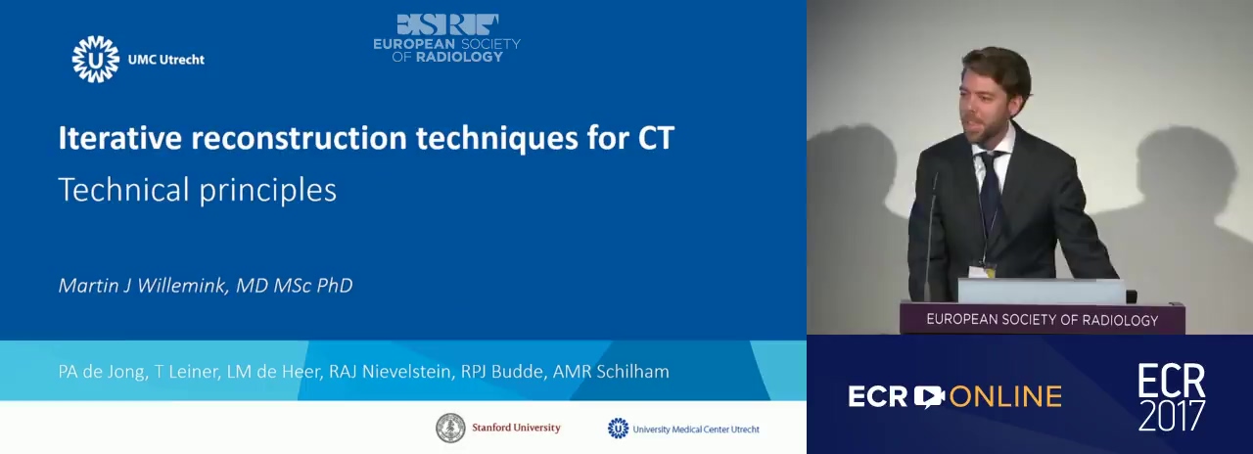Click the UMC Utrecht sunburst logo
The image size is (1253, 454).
[96, 60]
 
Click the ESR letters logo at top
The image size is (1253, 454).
[447, 24]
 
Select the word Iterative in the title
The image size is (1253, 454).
[120, 138]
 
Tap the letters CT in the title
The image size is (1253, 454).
[657, 138]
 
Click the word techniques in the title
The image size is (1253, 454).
[496, 139]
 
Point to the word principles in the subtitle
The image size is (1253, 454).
[268, 191]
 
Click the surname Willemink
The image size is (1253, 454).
[183, 285]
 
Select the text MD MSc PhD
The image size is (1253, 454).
[295, 285]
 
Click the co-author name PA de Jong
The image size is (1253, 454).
[101, 372]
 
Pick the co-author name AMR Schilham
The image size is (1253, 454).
[611, 371]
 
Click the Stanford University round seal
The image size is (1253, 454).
[450, 429]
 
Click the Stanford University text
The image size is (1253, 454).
[516, 428]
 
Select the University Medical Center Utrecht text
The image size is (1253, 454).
[696, 430]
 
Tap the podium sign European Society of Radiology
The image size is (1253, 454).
[1043, 320]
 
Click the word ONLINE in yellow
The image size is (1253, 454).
[1005, 396]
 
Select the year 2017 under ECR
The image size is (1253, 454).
[1172, 415]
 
